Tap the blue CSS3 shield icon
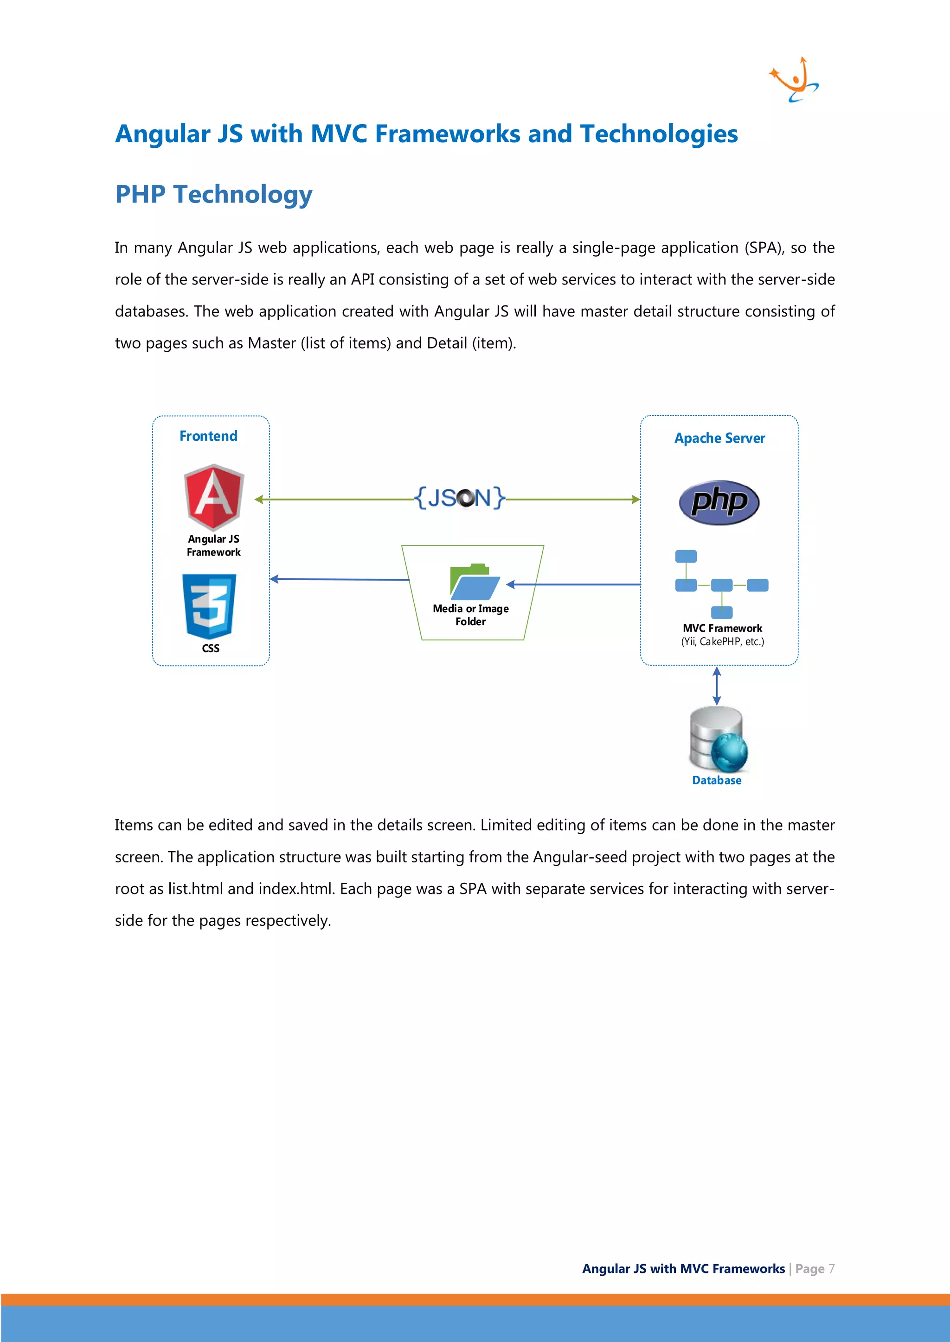(x=209, y=606)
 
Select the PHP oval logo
(x=719, y=502)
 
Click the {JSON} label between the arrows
(x=459, y=498)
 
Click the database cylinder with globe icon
(x=718, y=740)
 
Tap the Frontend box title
(x=208, y=436)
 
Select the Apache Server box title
(x=719, y=438)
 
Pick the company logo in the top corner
(x=795, y=80)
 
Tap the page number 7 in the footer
(x=831, y=1268)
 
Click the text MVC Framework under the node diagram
(x=722, y=628)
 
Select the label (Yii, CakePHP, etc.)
(x=722, y=642)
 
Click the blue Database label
(x=717, y=780)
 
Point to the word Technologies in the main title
(x=659, y=134)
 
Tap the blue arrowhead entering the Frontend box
(x=274, y=579)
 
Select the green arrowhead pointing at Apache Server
(x=636, y=499)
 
